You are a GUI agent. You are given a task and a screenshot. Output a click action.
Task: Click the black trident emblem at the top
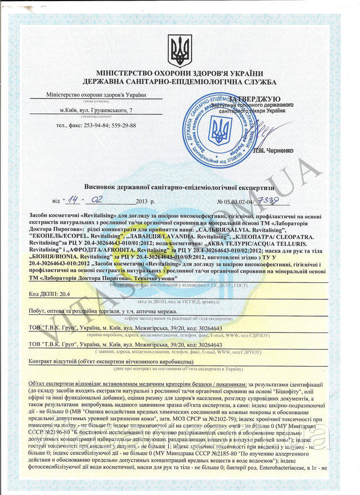click(x=180, y=51)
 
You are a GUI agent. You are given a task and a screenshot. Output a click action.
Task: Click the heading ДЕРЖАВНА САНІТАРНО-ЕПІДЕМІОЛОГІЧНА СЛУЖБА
click(x=180, y=82)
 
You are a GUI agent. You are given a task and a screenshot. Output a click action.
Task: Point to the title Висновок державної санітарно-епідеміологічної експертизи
click(x=180, y=186)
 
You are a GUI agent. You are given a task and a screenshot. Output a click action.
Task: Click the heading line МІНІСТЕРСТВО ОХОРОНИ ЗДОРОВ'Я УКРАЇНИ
click(x=180, y=73)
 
